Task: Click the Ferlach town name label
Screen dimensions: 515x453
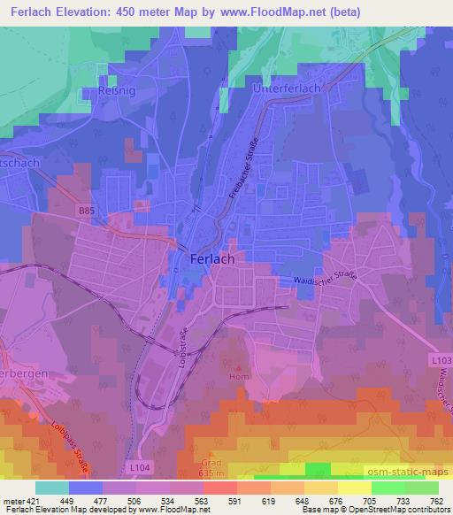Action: (x=212, y=259)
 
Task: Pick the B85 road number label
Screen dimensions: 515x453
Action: (x=85, y=211)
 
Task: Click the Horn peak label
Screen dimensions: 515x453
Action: (x=238, y=375)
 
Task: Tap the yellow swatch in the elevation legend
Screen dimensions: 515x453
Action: (x=355, y=487)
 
